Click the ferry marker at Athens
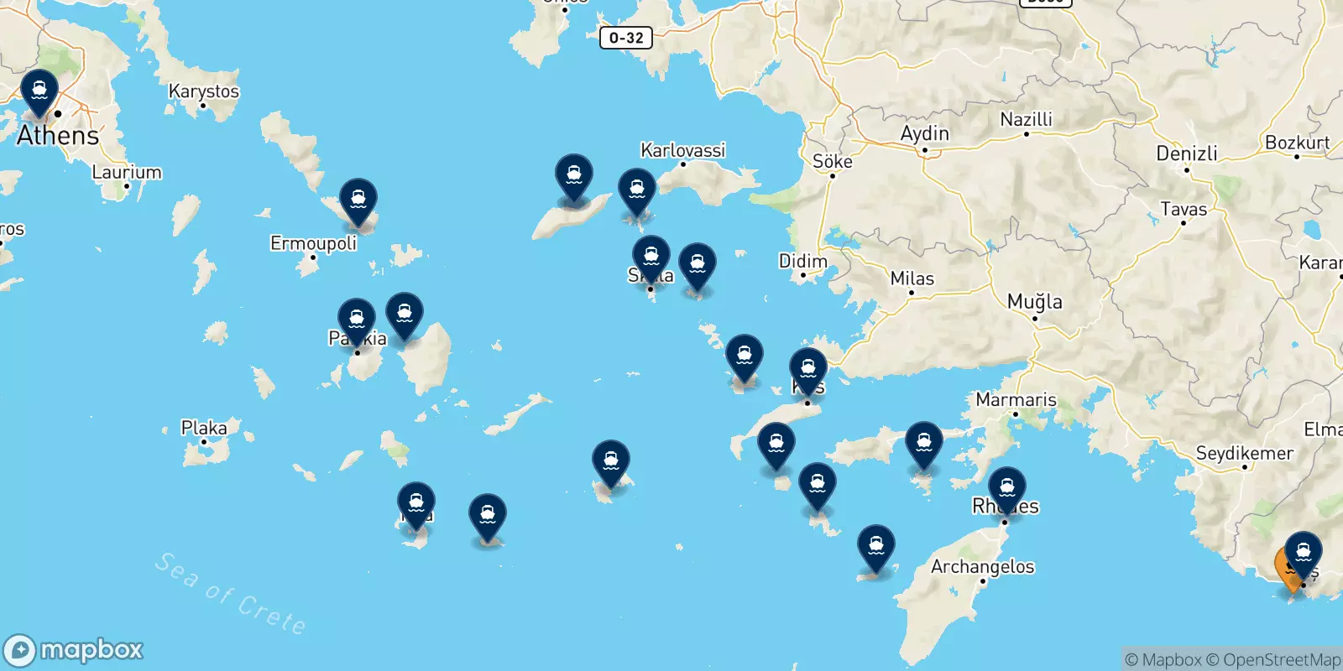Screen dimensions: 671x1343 (x=39, y=92)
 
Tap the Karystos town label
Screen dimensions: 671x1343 (x=204, y=91)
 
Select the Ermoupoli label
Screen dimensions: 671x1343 (x=313, y=243)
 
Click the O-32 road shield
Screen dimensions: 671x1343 (x=626, y=38)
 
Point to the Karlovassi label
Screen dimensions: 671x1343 (x=682, y=150)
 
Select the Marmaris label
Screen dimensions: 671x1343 (x=1016, y=399)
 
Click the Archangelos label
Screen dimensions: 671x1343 (x=982, y=566)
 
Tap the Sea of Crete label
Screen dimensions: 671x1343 (x=230, y=592)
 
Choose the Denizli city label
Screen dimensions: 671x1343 (x=1186, y=153)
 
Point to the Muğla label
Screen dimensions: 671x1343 (x=1034, y=301)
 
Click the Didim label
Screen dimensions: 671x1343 (x=802, y=261)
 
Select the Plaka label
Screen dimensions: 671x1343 (x=204, y=428)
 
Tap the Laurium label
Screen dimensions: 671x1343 (x=127, y=172)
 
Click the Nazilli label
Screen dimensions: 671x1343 (x=1026, y=119)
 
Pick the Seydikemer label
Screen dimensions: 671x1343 (x=1244, y=453)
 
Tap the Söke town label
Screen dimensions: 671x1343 (x=832, y=161)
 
